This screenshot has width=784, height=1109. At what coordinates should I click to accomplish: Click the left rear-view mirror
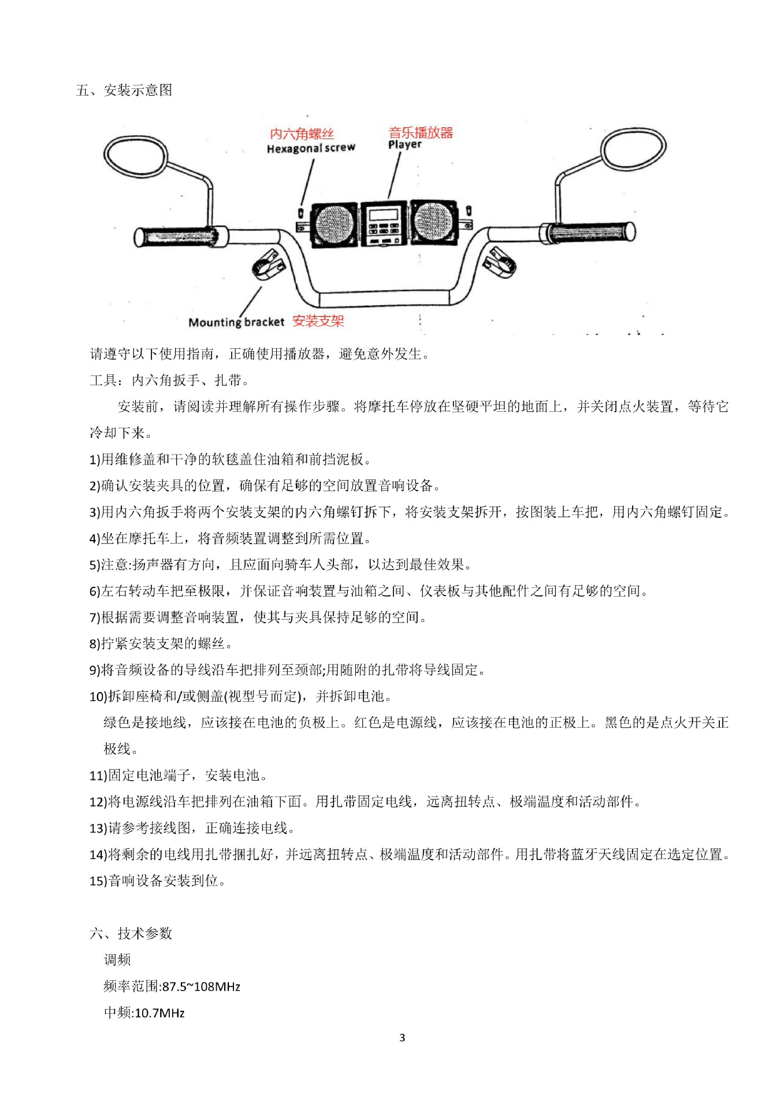point(136,156)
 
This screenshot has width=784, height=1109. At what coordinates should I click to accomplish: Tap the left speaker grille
point(334,224)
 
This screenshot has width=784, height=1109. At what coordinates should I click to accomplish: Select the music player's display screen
point(383,214)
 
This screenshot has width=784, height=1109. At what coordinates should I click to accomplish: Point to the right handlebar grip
point(590,232)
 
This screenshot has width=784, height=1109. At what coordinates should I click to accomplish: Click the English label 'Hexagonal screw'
point(311,148)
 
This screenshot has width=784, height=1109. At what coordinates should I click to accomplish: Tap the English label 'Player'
point(404,144)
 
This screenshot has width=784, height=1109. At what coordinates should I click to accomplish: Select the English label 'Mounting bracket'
point(236,322)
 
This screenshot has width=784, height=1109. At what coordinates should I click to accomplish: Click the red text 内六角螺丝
point(302,134)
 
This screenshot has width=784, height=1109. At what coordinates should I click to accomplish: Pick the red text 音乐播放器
point(421,132)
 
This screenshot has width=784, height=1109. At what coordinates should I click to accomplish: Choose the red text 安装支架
point(318,321)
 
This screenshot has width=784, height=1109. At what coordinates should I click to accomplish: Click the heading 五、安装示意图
point(124,90)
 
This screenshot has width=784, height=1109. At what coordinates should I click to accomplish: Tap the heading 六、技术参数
point(131,933)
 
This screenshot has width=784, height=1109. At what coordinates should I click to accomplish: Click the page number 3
point(402,1038)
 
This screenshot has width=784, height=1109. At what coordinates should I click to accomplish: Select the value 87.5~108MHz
point(201,987)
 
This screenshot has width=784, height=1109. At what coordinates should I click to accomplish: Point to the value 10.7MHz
point(159,1013)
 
